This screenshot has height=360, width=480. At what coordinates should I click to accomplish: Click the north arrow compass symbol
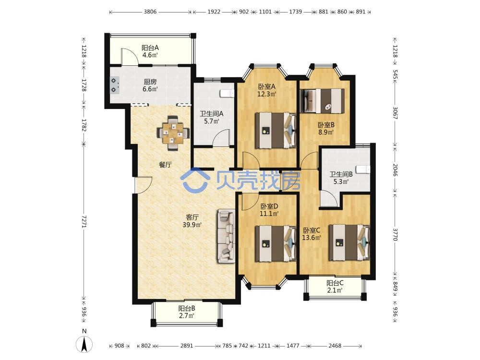tap(84, 344)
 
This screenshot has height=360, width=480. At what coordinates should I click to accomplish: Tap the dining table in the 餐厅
tap(173, 133)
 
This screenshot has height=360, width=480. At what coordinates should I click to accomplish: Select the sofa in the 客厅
tap(227, 236)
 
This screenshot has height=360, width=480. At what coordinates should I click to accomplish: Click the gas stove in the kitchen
tap(115, 85)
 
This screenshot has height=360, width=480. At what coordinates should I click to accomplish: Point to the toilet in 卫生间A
tap(227, 93)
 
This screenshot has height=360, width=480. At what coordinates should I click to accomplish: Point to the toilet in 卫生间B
tap(363, 169)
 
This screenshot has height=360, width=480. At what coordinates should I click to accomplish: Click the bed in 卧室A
tap(276, 131)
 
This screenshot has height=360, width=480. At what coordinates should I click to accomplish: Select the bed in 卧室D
tap(276, 244)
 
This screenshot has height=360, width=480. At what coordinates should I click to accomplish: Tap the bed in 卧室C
tap(349, 243)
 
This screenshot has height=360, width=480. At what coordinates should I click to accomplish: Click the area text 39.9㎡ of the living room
tap(192, 225)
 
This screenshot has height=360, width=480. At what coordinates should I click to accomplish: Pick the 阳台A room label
tap(150, 48)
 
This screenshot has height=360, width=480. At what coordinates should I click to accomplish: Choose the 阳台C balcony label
tap(335, 283)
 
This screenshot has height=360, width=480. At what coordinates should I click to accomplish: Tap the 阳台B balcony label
tap(187, 308)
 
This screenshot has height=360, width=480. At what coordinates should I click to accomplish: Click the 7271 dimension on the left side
tap(84, 221)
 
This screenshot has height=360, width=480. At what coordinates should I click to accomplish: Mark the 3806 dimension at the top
tap(150, 12)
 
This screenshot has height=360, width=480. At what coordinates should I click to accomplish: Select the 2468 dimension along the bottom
tap(335, 346)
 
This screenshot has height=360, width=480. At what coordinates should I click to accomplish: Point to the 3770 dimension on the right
tap(395, 235)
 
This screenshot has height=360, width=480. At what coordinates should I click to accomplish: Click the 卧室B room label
tap(326, 125)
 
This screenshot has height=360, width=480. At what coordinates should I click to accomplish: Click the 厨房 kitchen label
tap(150, 82)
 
